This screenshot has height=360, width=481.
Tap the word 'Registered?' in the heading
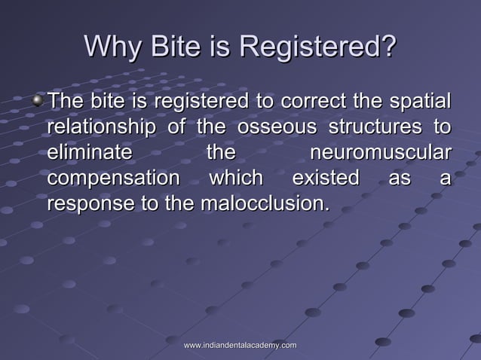point(317,47)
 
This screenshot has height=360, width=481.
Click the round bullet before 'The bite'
point(39,99)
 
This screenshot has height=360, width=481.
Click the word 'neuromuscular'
point(380,153)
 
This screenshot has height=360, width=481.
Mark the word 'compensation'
point(113,178)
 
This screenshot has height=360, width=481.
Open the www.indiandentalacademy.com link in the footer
point(240,345)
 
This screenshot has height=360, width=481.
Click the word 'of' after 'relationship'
point(176,126)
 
